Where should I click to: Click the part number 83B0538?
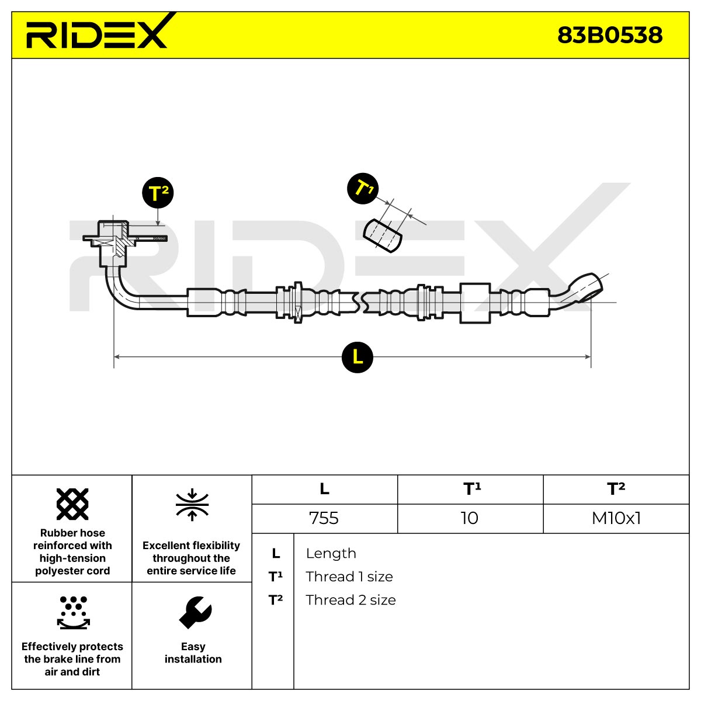coord(610,35)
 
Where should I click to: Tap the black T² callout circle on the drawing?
coord(158,193)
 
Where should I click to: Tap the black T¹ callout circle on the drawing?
coord(363,189)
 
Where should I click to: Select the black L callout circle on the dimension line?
coord(358,358)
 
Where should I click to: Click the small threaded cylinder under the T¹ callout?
coord(382,235)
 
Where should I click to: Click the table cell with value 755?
coord(324,518)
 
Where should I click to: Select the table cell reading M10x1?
coord(616,518)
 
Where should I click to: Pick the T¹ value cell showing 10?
coord(470,518)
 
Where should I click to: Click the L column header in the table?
coord(324,490)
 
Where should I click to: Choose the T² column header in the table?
coord(616,490)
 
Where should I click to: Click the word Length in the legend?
coord(331,553)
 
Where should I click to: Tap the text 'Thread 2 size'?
coord(350,600)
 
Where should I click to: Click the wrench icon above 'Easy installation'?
coord(195,613)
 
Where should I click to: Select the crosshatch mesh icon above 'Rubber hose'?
coord(72,504)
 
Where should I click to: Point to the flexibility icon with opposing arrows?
coord(192,505)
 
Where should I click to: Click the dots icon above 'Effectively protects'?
coord(73,613)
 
